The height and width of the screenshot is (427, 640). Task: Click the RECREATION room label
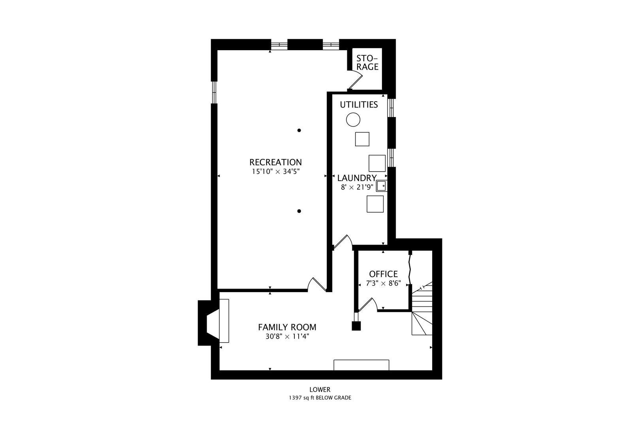click(x=275, y=162)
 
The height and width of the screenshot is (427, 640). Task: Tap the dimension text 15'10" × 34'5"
click(x=275, y=172)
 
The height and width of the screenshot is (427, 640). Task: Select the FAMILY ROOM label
click(x=287, y=327)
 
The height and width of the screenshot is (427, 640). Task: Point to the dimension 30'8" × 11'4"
click(x=287, y=336)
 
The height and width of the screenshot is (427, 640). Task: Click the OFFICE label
click(x=383, y=274)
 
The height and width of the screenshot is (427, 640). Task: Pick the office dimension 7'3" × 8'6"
click(x=383, y=283)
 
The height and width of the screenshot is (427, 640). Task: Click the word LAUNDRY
click(x=357, y=178)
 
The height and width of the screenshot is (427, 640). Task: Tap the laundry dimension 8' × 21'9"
click(x=357, y=187)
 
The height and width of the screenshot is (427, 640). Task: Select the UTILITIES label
click(x=359, y=104)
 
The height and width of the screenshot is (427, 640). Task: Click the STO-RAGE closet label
click(x=367, y=62)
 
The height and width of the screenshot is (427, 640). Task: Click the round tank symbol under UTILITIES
click(x=353, y=119)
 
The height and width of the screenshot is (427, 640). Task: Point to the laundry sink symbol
click(x=381, y=185)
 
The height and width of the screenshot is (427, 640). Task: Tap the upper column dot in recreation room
click(x=299, y=130)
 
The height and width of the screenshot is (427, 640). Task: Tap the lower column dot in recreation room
click(x=299, y=211)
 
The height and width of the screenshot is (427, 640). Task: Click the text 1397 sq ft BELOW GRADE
click(x=320, y=398)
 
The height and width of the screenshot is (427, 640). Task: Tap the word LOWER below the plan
click(x=320, y=390)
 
